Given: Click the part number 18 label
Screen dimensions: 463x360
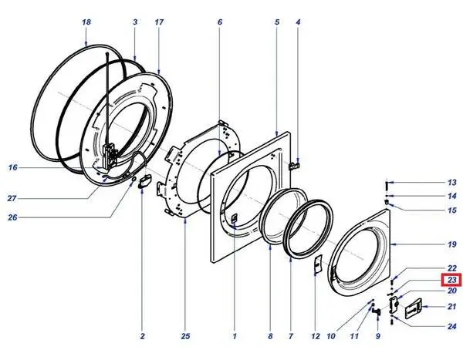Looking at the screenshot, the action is click(x=86, y=22).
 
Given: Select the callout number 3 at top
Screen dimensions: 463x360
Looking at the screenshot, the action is click(x=135, y=22).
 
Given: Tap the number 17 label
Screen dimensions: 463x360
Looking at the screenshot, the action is click(x=159, y=22).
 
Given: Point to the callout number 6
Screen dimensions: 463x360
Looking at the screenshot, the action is click(x=220, y=22).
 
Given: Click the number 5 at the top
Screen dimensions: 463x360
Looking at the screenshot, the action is click(x=277, y=22).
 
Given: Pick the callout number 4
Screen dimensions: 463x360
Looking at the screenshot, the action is click(x=298, y=22).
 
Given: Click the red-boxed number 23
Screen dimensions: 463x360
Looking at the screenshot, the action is click(x=451, y=280).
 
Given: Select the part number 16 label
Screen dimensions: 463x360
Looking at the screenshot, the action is click(x=12, y=167).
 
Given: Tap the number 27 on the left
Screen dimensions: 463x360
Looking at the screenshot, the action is click(x=12, y=198).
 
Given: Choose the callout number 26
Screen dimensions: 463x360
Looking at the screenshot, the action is click(x=12, y=217).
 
